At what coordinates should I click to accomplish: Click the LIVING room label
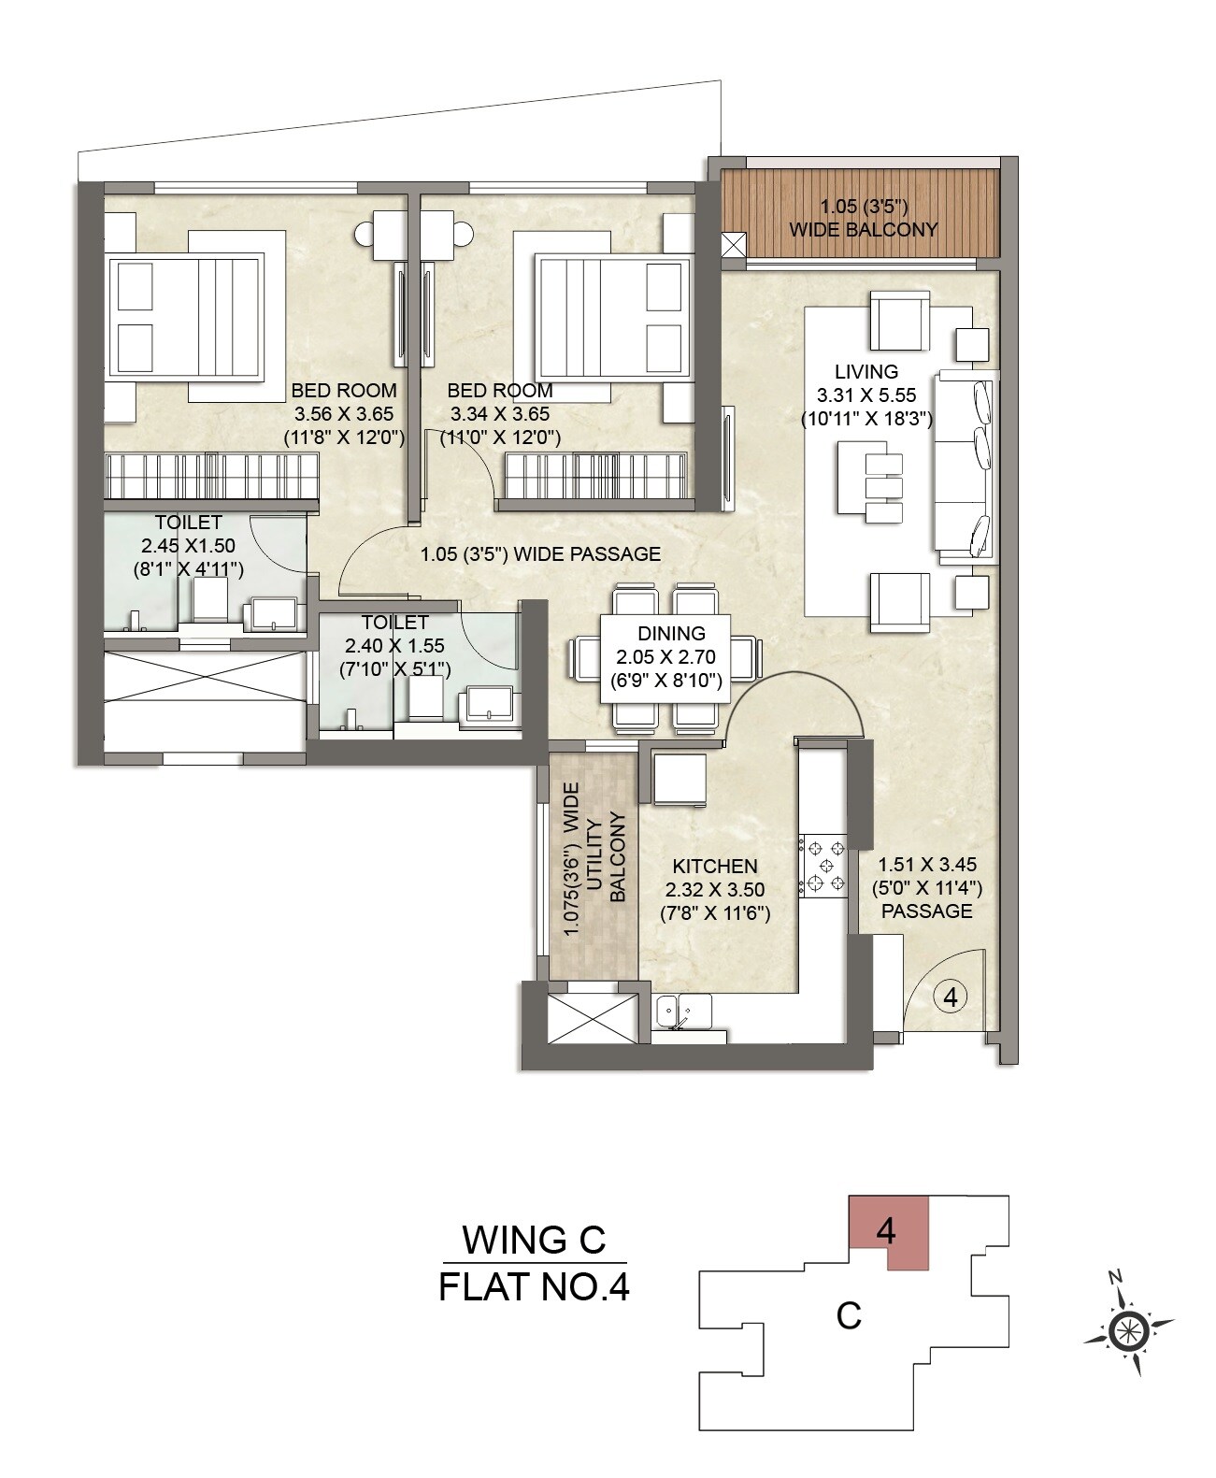866,371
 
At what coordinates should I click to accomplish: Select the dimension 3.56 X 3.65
343,414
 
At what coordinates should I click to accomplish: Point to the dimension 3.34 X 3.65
499,414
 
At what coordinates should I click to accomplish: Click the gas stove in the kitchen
823,866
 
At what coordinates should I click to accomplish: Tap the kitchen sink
683,1011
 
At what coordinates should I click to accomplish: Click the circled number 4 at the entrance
950,997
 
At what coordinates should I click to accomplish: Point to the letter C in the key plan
848,1315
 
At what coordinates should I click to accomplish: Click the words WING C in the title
534,1240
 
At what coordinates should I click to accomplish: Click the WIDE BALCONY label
863,229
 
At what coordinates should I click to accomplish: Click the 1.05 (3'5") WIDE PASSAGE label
540,553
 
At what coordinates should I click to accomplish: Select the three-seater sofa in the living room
967,466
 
